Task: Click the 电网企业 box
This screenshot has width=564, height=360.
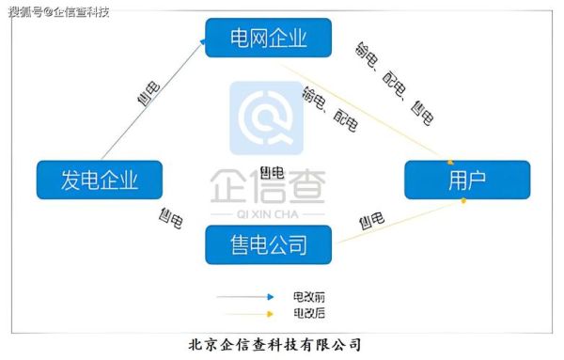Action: [x=270, y=39]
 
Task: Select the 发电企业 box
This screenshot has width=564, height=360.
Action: [x=99, y=179]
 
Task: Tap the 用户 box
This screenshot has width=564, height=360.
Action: [x=467, y=179]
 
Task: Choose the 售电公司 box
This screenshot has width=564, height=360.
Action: [x=270, y=246]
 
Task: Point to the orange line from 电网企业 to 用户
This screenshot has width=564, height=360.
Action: [x=367, y=111]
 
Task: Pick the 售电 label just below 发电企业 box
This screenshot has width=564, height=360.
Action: [x=171, y=218]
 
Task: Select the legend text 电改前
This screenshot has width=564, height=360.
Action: [x=306, y=296]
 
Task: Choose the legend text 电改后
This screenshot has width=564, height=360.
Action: [x=306, y=313]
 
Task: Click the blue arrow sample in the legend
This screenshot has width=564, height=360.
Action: [x=244, y=297]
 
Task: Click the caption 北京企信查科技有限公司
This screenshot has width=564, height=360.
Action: [x=274, y=345]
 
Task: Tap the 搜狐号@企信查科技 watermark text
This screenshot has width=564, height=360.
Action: [x=58, y=11]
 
